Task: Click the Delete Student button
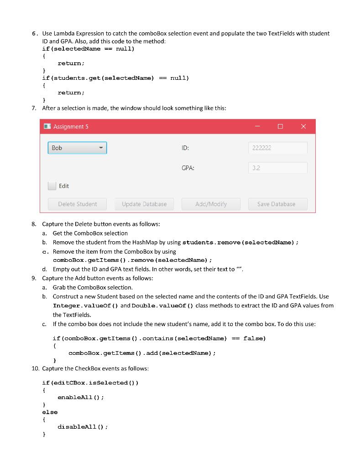click(x=77, y=204)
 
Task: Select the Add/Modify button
click(x=211, y=204)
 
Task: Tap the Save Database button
click(x=277, y=204)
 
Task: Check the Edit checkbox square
click(x=52, y=186)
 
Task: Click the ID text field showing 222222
click(x=277, y=148)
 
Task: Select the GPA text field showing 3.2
click(x=277, y=168)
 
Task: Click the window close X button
click(x=303, y=126)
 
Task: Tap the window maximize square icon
click(x=280, y=126)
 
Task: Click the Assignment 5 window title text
click(x=71, y=127)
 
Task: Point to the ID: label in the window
click(x=185, y=148)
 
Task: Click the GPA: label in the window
click(x=188, y=168)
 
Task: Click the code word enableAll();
click(x=81, y=397)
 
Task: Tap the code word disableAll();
click(x=83, y=427)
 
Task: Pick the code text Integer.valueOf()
click(x=86, y=306)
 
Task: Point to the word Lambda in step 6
click(x=64, y=33)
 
